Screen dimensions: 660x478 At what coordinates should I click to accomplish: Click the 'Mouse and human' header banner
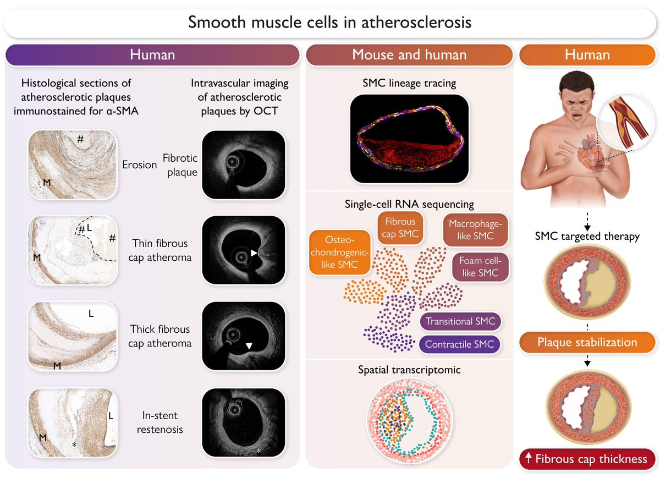pyautogui.click(x=409, y=55)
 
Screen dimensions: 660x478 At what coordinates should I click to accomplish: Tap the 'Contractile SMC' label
pyautogui.click(x=459, y=344)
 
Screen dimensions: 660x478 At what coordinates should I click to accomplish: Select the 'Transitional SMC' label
pyautogui.click(x=460, y=321)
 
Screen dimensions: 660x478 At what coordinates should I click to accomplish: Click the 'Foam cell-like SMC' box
pyautogui.click(x=480, y=267)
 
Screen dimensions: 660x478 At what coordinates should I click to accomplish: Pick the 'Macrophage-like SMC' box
pyautogui.click(x=475, y=229)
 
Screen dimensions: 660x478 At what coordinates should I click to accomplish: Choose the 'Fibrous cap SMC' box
pyautogui.click(x=400, y=228)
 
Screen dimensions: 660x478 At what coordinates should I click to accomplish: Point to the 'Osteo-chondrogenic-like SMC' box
pyautogui.click(x=339, y=252)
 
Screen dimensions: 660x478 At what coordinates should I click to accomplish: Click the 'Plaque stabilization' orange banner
pyautogui.click(x=587, y=342)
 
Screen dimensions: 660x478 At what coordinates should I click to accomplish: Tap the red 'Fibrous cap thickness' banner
pyautogui.click(x=587, y=459)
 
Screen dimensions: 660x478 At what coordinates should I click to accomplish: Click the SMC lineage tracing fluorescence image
pyautogui.click(x=409, y=139)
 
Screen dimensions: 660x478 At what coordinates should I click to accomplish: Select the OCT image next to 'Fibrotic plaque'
pyautogui.click(x=243, y=164)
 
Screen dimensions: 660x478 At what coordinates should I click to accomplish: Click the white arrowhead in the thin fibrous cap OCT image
pyautogui.click(x=254, y=253)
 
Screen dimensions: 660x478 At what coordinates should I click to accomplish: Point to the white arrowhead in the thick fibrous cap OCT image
pyautogui.click(x=249, y=345)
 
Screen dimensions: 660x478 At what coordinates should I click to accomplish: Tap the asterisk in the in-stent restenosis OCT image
pyautogui.click(x=258, y=450)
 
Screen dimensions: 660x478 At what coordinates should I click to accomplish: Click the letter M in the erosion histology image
pyautogui.click(x=47, y=183)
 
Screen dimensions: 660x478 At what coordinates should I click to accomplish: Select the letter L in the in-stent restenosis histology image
pyautogui.click(x=111, y=416)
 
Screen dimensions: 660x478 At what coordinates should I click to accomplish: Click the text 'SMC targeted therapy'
pyautogui.click(x=587, y=236)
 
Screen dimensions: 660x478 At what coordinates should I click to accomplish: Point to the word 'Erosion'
pyautogui.click(x=139, y=164)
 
